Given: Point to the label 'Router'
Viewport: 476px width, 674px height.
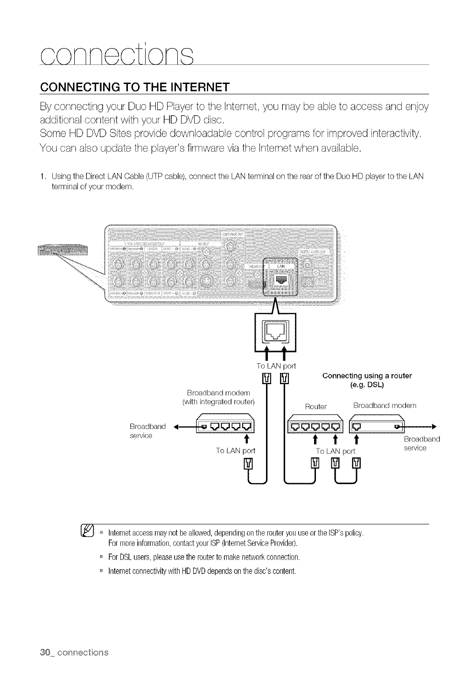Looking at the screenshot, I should [315, 407].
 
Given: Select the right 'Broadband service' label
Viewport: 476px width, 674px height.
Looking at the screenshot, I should [421, 443].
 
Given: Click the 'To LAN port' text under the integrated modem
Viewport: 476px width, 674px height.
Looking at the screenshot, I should [235, 450].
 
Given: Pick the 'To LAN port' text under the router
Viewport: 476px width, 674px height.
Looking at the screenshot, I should [335, 451].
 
